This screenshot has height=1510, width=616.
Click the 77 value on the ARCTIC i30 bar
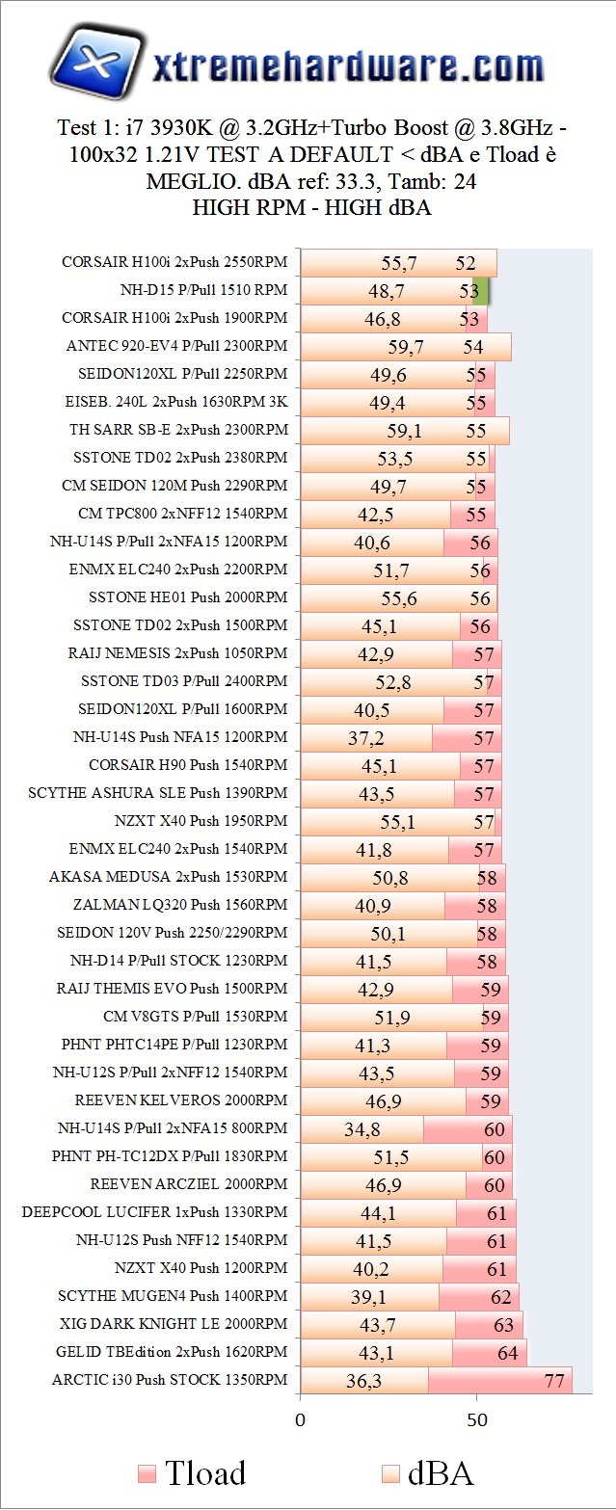tap(553, 1381)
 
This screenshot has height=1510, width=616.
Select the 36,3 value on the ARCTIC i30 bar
tap(363, 1381)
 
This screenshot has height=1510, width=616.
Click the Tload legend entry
tap(192, 1472)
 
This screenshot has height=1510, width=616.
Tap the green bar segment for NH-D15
tap(482, 291)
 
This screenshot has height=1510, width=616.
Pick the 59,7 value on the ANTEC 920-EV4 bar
tap(406, 346)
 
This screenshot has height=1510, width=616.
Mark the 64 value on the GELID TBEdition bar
tap(508, 1353)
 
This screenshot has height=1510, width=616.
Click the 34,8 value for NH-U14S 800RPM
tap(362, 1128)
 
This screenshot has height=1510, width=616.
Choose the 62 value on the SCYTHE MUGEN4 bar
tap(501, 1297)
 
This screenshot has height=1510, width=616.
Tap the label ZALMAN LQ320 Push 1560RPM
tap(180, 905)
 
